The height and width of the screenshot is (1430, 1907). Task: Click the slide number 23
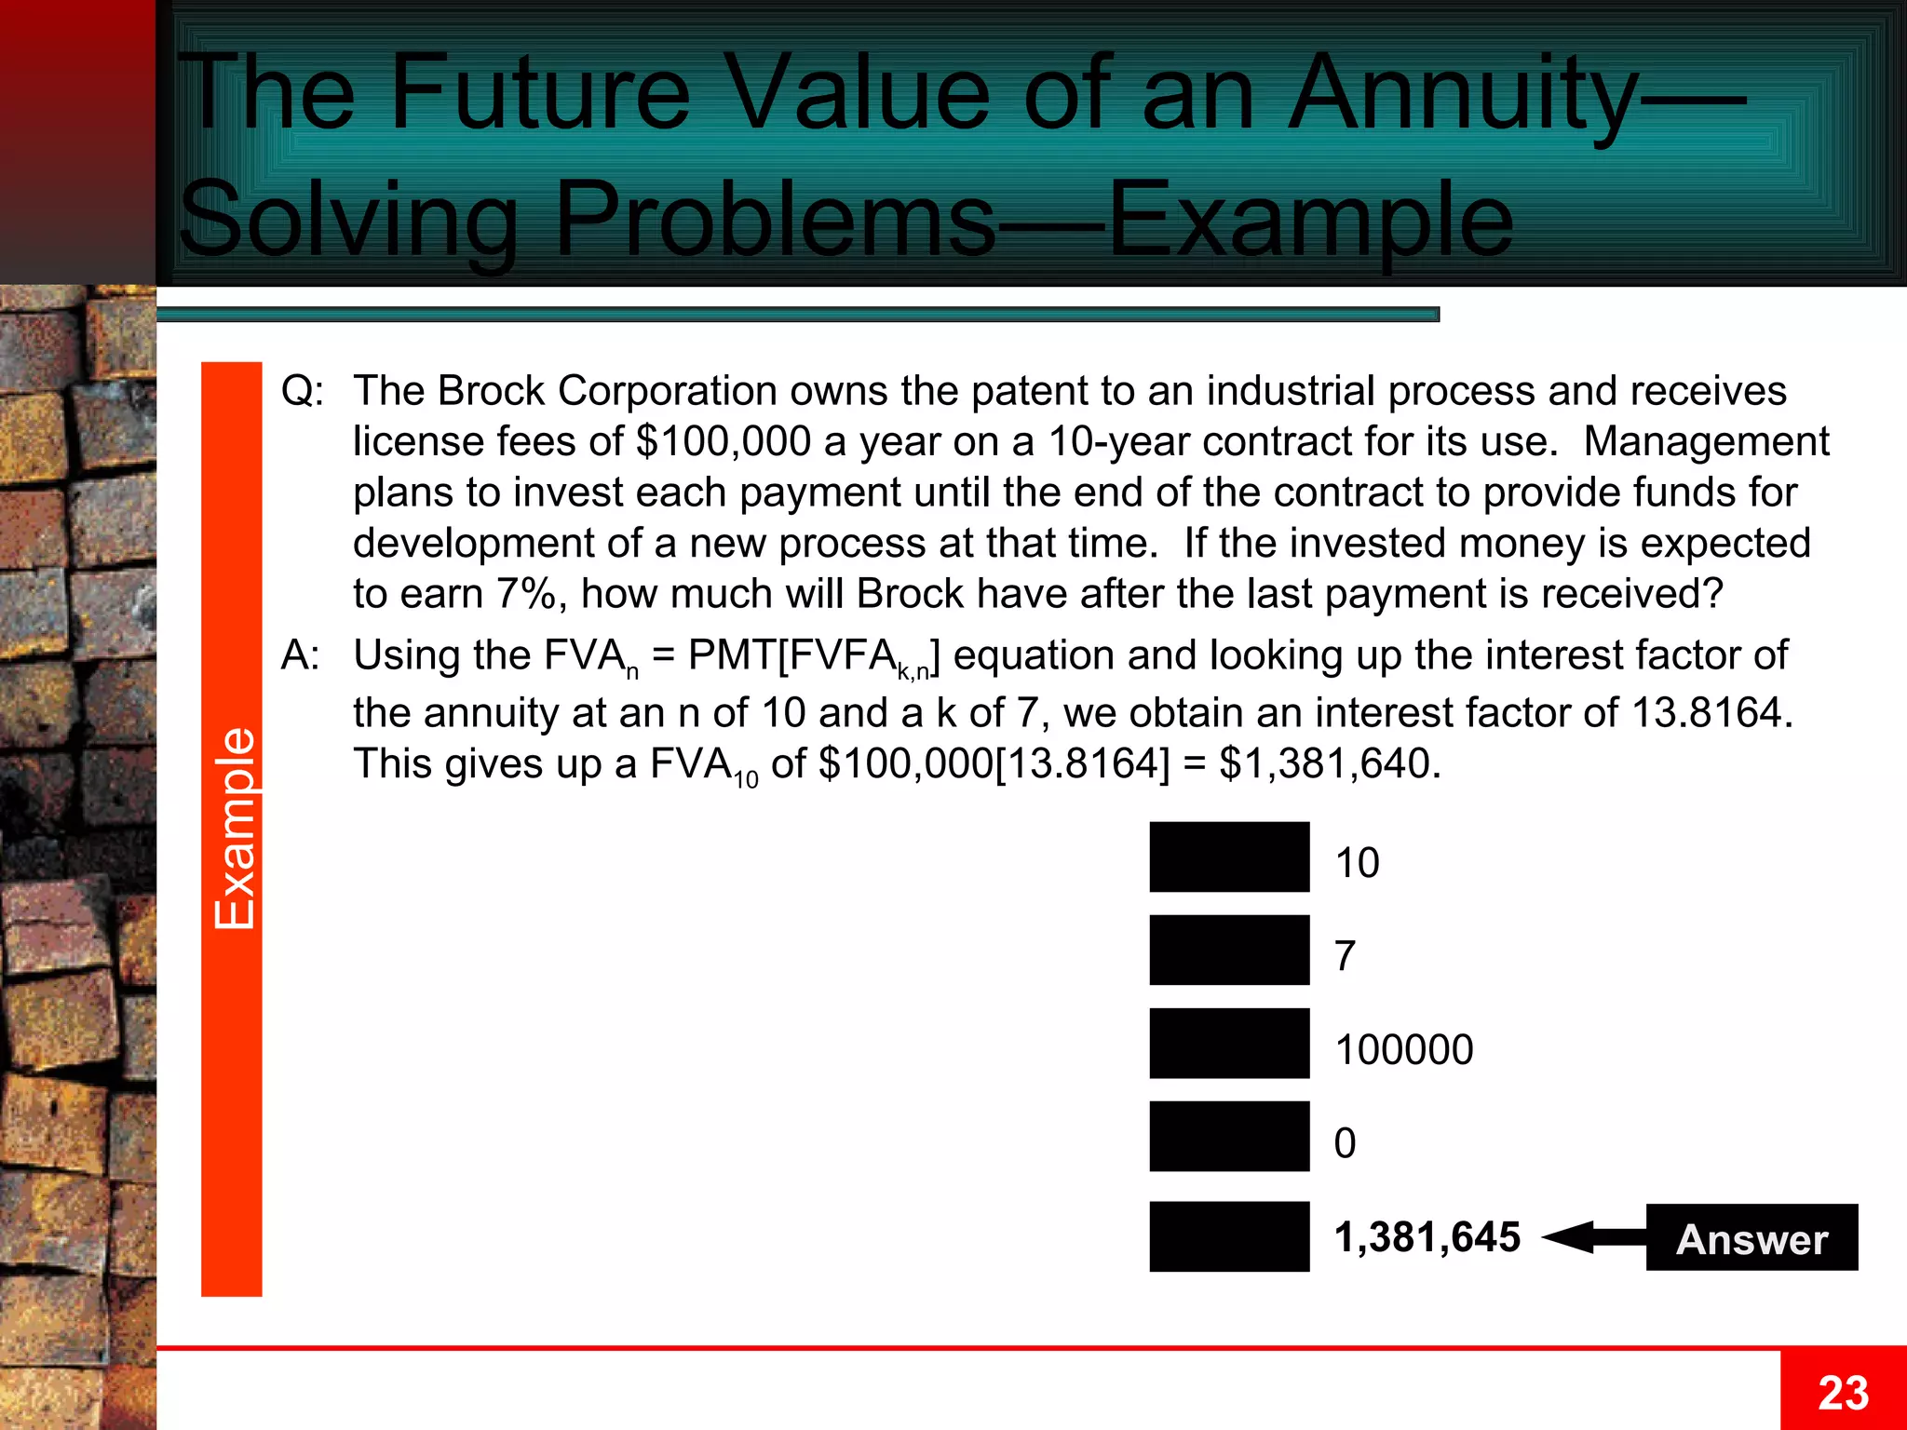coord(1843,1393)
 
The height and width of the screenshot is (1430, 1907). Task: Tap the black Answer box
coord(1751,1237)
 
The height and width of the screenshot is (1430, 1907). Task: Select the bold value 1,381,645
coord(1427,1237)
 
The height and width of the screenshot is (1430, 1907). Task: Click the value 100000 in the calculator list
coord(1404,1050)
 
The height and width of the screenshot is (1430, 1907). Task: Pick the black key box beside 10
coord(1229,857)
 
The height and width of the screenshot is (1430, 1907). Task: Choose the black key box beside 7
coord(1229,951)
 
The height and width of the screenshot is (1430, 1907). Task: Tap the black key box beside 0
coord(1229,1137)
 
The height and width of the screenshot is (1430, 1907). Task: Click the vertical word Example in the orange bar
coord(234,828)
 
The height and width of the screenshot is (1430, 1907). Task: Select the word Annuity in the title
coord(1462,93)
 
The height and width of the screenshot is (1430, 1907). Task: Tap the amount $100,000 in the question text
coord(724,441)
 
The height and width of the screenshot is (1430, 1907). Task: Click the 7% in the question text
coord(526,594)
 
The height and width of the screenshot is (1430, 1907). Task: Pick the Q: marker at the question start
coord(303,391)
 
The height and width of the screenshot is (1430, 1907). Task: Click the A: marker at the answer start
coord(301,655)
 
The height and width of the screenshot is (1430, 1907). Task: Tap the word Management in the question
coord(1706,441)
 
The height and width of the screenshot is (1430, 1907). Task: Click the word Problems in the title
coord(775,220)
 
